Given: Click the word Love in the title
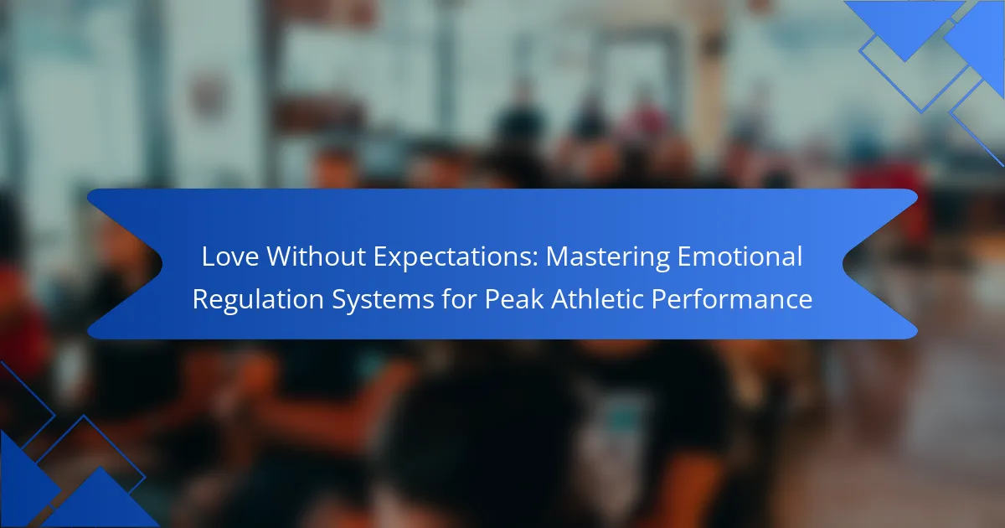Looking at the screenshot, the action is [230, 256].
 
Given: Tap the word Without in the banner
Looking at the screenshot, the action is [317, 256].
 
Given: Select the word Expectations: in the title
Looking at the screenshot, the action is [456, 258].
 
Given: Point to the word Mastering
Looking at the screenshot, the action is [607, 259].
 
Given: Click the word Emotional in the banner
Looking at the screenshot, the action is [740, 256].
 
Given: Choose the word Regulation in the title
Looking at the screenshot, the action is [258, 300].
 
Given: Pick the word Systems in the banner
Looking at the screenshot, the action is [383, 301].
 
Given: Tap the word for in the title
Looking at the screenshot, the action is [459, 298].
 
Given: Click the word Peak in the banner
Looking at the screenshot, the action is [514, 298].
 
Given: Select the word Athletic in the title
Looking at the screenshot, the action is [596, 298].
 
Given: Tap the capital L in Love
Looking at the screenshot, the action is [209, 256].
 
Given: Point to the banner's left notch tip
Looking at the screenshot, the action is [162, 263].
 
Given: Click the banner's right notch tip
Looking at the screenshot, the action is [843, 263].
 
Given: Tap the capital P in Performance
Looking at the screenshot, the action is [658, 299].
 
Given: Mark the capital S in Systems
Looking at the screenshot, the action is [339, 299].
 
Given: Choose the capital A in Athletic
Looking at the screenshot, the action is [560, 299].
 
